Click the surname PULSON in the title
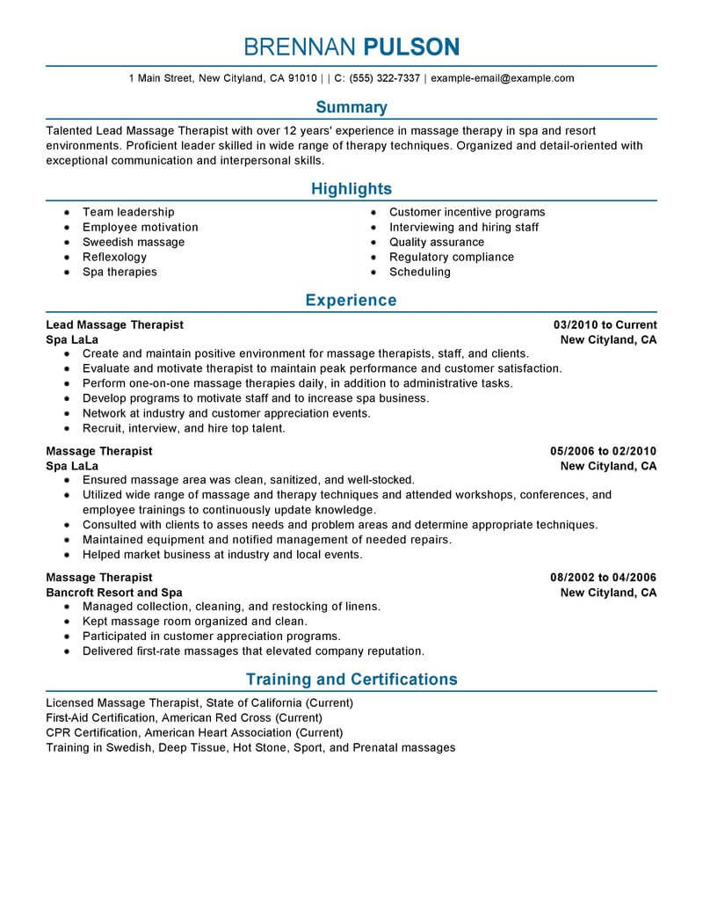pyautogui.click(x=411, y=47)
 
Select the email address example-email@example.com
pyautogui.click(x=502, y=78)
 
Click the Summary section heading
pyautogui.click(x=351, y=107)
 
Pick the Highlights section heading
pyautogui.click(x=351, y=189)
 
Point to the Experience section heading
pyautogui.click(x=351, y=301)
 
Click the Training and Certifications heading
pyautogui.click(x=351, y=680)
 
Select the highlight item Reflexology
pyautogui.click(x=114, y=257)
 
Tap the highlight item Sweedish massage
pyautogui.click(x=134, y=242)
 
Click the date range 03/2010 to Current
pyautogui.click(x=605, y=324)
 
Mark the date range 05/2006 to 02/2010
pyautogui.click(x=603, y=451)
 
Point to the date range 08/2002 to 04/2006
pyautogui.click(x=603, y=578)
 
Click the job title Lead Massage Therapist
pyautogui.click(x=114, y=324)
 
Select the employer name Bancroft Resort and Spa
pyautogui.click(x=114, y=593)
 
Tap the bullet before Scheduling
pyautogui.click(x=373, y=273)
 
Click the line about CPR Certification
pyautogui.click(x=193, y=732)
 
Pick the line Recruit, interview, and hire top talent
pyautogui.click(x=184, y=429)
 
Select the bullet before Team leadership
pyautogui.click(x=67, y=213)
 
